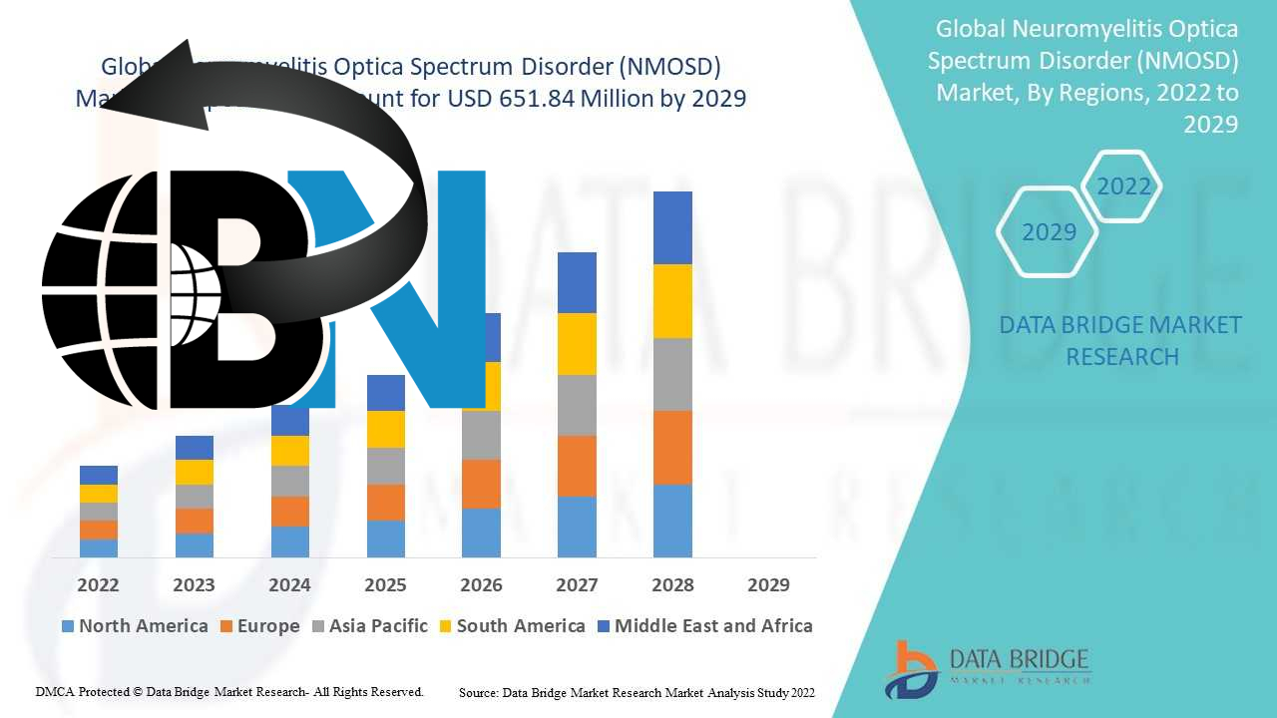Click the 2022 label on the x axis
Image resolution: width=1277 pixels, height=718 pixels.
pyautogui.click(x=98, y=585)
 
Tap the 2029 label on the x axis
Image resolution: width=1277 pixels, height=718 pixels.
pyautogui.click(x=768, y=585)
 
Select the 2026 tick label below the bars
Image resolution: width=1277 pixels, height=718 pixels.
pyautogui.click(x=481, y=585)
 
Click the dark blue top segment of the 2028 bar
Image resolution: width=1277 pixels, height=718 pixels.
pyautogui.click(x=672, y=227)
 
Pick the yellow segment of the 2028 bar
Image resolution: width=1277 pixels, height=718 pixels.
pyautogui.click(x=672, y=301)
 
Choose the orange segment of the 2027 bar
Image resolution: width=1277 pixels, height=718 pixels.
pyautogui.click(x=577, y=466)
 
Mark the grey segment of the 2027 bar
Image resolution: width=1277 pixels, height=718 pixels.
pyautogui.click(x=577, y=405)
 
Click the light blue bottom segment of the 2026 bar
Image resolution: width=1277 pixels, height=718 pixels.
pyautogui.click(x=481, y=533)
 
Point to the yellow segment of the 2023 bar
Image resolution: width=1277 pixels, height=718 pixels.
pyautogui.click(x=194, y=472)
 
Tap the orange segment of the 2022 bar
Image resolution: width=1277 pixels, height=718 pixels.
pyautogui.click(x=98, y=530)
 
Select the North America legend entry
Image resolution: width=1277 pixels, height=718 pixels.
pyautogui.click(x=135, y=626)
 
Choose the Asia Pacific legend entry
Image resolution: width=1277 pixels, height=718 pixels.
pyautogui.click(x=370, y=626)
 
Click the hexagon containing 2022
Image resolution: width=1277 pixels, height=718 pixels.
pyautogui.click(x=1123, y=186)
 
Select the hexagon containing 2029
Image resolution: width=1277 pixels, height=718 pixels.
pyautogui.click(x=1049, y=232)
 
